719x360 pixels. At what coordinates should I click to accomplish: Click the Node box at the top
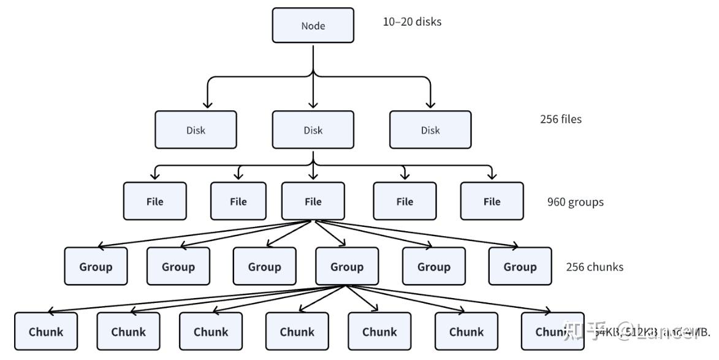[x=313, y=26]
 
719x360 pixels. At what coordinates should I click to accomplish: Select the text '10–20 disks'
[x=412, y=21]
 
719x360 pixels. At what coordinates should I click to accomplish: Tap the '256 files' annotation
[x=560, y=119]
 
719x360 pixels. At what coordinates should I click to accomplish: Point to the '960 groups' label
[x=575, y=202]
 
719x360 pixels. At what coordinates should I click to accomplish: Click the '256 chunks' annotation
[x=595, y=267]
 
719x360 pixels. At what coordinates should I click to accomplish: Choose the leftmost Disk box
[x=196, y=130]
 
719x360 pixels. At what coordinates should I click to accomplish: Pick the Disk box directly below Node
[x=313, y=130]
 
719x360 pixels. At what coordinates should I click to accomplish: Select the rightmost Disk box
[x=430, y=130]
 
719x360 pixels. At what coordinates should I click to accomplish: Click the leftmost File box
[x=154, y=201]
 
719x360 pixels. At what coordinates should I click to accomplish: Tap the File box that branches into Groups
[x=313, y=201]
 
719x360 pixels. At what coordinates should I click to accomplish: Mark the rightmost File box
[x=492, y=201]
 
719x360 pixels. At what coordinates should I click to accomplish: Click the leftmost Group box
[x=96, y=267]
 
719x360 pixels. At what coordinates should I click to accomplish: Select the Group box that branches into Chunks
[x=347, y=267]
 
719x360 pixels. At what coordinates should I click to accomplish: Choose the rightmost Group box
[x=520, y=267]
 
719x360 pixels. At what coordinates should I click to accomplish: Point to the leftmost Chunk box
[x=46, y=332]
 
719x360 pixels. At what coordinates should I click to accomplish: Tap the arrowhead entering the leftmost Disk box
[x=207, y=105]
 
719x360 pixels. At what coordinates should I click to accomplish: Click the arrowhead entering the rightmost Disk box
[x=430, y=105]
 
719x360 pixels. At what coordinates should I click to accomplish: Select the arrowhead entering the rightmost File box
[x=492, y=177]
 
